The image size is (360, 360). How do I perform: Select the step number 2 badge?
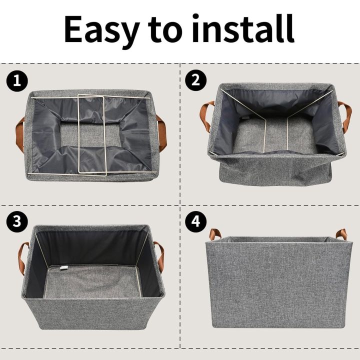pyautogui.click(x=195, y=80)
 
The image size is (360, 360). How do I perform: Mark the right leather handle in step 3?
pyautogui.click(x=159, y=255)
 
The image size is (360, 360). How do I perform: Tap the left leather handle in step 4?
pyautogui.click(x=215, y=233)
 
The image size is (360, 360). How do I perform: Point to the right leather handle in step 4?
pyautogui.click(x=341, y=233)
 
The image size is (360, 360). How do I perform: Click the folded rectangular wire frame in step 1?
pyautogui.click(x=90, y=134)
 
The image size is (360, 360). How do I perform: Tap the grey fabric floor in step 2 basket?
pyautogui.click(x=275, y=137)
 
